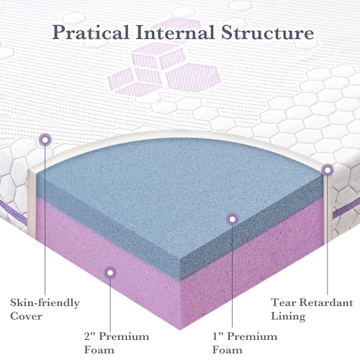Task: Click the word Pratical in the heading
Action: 91,32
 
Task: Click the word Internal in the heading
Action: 175,32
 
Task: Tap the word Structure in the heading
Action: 267,32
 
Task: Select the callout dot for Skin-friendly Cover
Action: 45,139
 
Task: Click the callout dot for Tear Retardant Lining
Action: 328,170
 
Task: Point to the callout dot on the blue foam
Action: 232,219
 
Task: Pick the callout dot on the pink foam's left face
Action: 110,273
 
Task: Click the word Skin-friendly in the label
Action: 45,303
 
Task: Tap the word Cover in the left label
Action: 26,316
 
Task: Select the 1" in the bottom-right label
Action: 217,336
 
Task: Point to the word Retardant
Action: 326,302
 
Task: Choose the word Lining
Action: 288,317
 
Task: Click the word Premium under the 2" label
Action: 124,336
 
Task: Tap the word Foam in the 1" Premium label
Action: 228,350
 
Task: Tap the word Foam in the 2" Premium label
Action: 99,350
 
